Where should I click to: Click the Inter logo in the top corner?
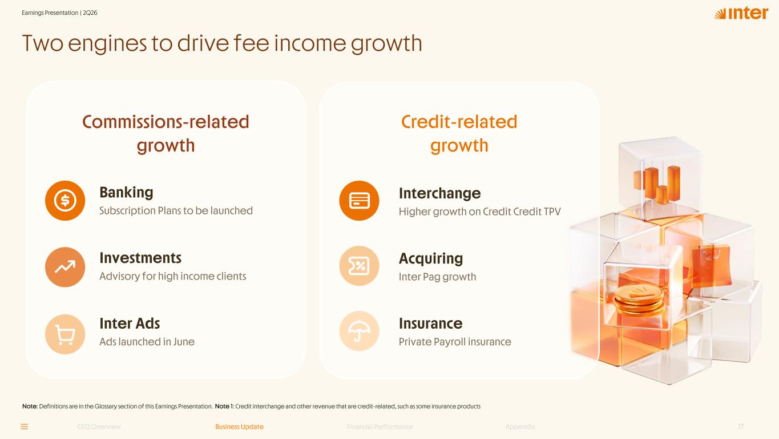click(741, 13)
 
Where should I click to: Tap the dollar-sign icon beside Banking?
click(65, 200)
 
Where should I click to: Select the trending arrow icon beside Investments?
click(65, 267)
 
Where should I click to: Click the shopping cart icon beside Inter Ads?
click(65, 334)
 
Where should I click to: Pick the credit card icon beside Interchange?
click(359, 200)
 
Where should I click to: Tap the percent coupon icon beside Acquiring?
click(359, 266)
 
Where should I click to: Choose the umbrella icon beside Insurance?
click(359, 331)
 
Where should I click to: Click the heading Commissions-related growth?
click(166, 133)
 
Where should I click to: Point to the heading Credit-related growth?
click(459, 133)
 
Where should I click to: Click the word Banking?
click(126, 192)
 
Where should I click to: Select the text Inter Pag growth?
click(437, 277)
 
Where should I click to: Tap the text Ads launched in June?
click(147, 341)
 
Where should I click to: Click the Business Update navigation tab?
click(239, 427)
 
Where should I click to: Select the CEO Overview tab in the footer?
click(99, 427)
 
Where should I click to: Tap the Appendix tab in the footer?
click(520, 427)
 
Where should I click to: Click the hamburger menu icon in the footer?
click(25, 427)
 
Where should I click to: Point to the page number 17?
click(741, 426)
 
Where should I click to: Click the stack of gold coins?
click(638, 300)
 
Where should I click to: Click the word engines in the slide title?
click(109, 44)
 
